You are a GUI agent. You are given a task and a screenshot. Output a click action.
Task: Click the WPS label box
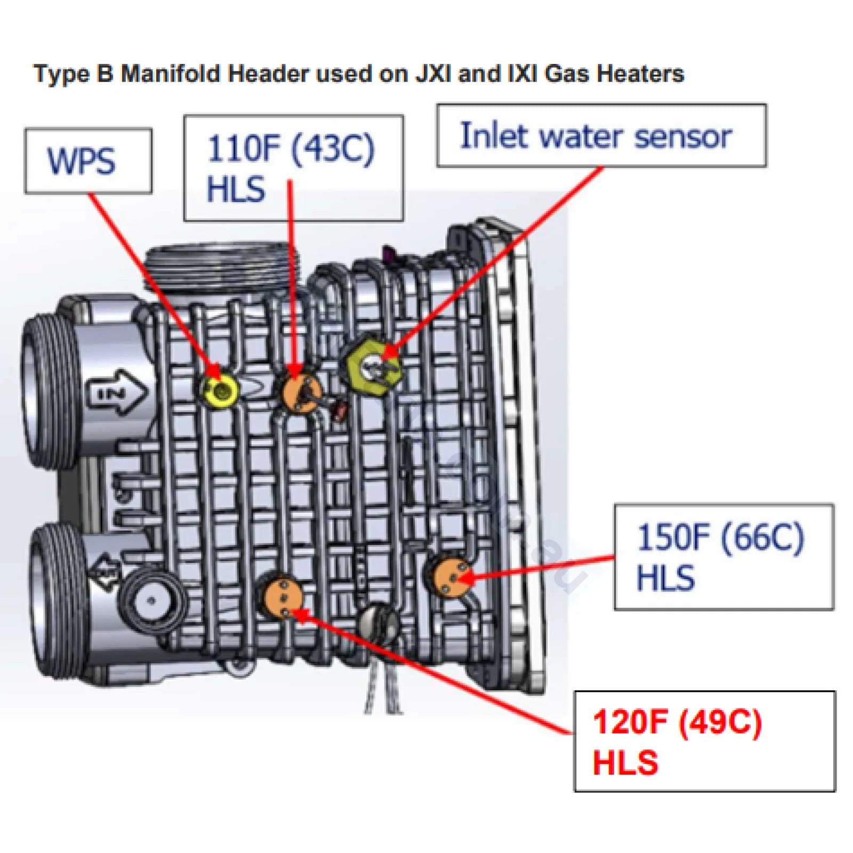coord(88,160)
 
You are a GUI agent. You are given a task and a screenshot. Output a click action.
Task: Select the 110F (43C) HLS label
coord(293,167)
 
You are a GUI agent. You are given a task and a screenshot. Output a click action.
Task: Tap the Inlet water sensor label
coord(601,135)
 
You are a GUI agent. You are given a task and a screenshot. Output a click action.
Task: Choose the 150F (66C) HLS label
coord(723,557)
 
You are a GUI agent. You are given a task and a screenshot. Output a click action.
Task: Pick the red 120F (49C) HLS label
coord(704,741)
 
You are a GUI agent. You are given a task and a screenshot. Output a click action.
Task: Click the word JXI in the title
coord(433,74)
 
